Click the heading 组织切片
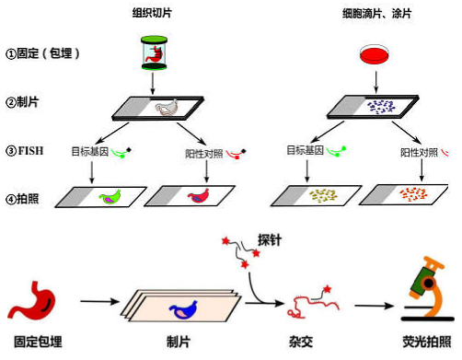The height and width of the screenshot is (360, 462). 152,13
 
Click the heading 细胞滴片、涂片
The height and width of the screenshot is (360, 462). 376,14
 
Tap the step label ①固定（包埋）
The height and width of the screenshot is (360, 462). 42,53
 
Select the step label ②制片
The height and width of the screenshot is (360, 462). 22,102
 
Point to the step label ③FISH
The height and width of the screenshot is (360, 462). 25,151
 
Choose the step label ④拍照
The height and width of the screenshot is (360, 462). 22,199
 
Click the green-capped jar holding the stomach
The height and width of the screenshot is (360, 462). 154,52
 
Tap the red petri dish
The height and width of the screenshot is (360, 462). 375,54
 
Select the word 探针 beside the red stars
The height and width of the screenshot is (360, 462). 270,240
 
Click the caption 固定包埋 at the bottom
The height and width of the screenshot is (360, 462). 38,342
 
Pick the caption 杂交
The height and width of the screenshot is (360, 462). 301,342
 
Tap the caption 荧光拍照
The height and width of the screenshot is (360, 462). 427,342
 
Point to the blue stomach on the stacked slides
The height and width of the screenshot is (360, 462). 183,309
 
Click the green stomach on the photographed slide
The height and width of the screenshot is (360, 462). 110,197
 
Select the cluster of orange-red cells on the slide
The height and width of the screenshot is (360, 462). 413,194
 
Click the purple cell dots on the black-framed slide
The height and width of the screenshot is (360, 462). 381,107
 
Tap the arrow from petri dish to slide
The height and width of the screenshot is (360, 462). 376,82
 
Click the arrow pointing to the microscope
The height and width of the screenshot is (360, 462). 375,306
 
